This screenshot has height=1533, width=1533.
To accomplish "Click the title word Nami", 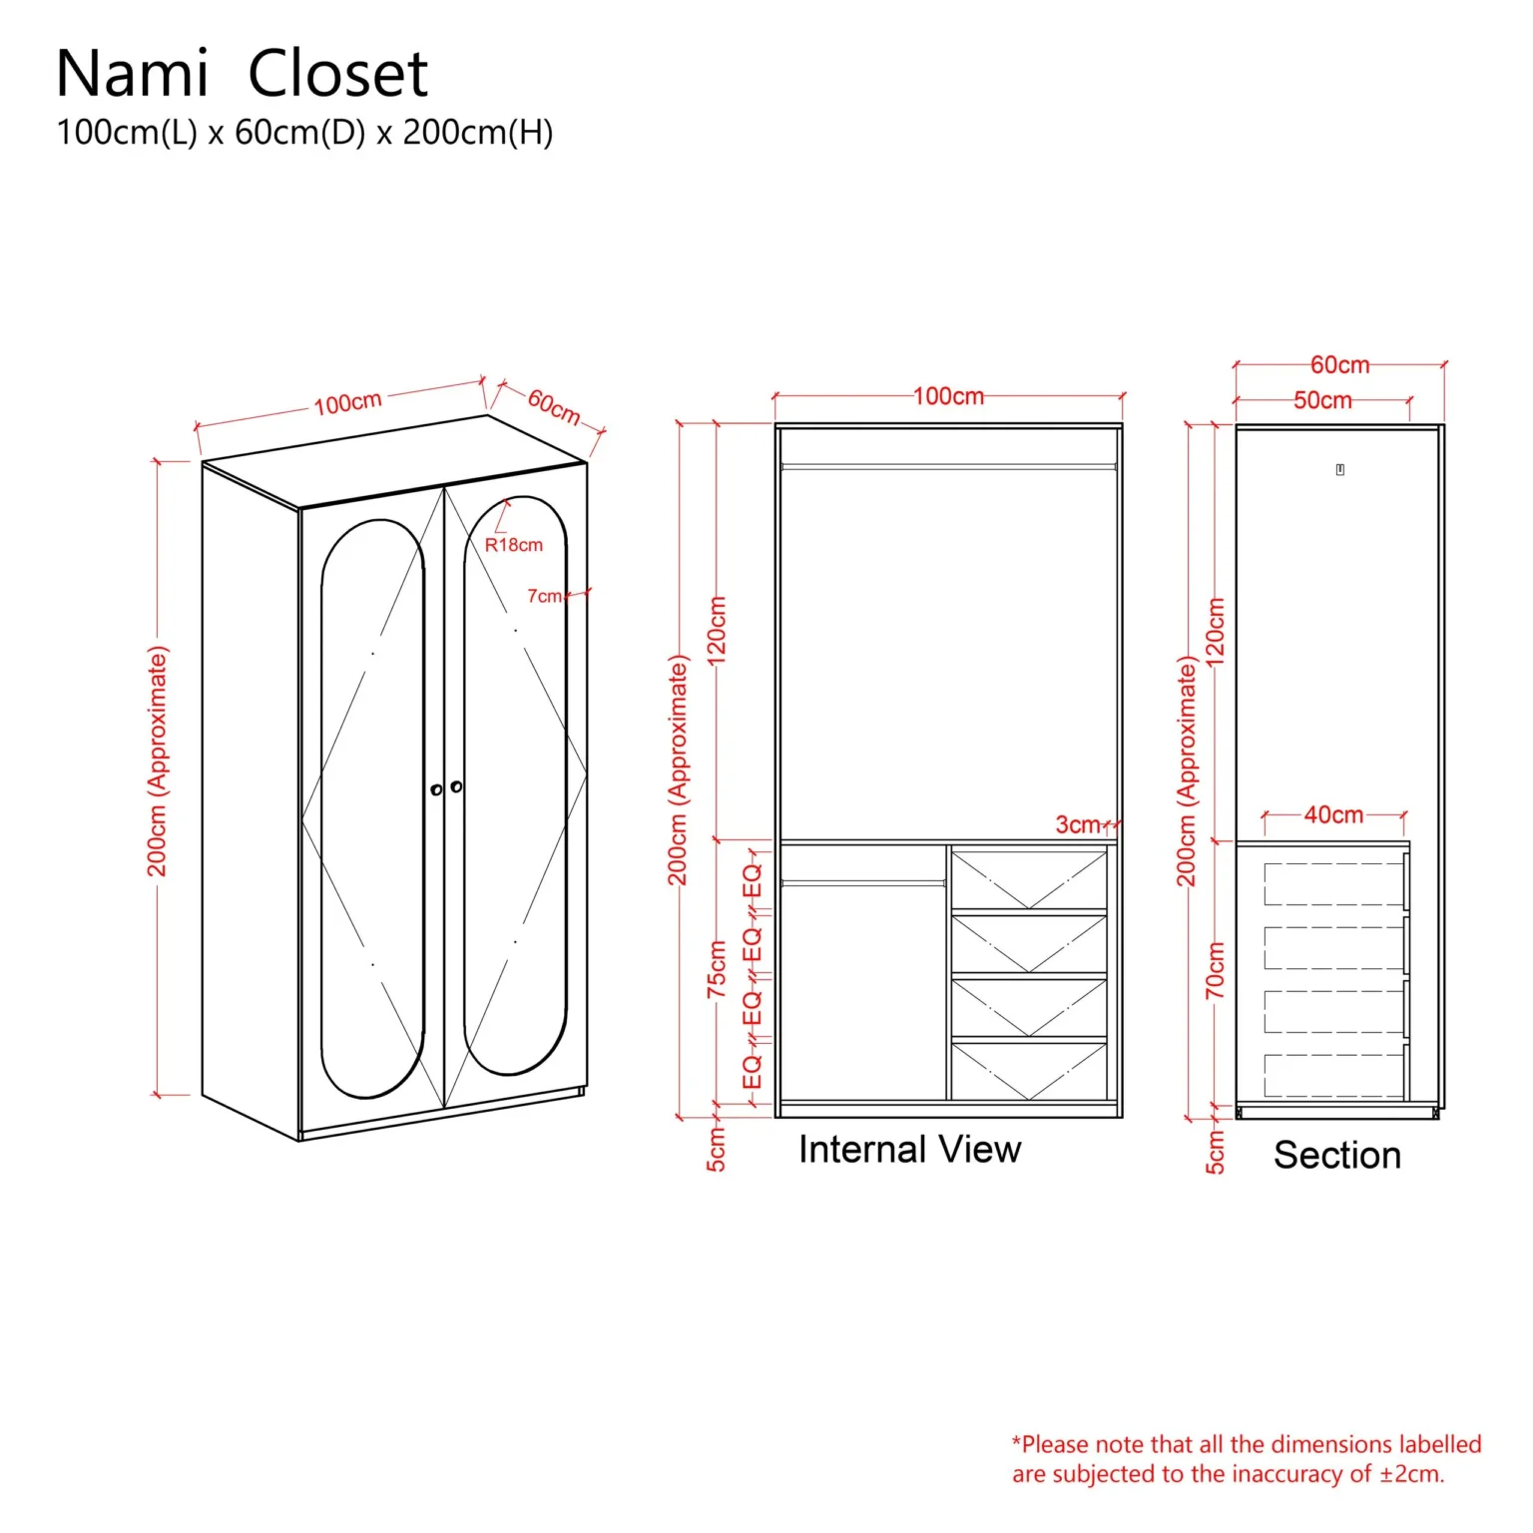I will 132,74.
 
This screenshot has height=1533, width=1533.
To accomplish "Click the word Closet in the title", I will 337,74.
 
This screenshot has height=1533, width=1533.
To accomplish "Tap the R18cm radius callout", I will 513,545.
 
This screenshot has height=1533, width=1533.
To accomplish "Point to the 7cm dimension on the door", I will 544,596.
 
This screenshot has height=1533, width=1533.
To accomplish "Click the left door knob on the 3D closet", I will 436,789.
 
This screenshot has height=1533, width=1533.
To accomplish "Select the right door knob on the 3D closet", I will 456,786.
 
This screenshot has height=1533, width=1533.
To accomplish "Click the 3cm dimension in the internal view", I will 1077,824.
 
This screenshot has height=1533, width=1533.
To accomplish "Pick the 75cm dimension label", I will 717,968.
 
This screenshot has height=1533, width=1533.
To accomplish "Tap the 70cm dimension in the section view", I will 1215,970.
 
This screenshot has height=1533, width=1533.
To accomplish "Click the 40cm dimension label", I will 1333,814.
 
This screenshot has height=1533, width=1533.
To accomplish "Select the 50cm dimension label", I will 1322,400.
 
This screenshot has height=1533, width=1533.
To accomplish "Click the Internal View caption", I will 909,1150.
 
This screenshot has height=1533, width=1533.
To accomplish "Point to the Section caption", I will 1336,1155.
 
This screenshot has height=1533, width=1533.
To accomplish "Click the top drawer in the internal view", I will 1028,879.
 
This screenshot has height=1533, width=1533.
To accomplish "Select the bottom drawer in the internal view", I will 1028,1070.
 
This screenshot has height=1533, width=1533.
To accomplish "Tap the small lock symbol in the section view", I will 1339,469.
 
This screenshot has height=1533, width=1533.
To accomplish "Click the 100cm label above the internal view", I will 948,396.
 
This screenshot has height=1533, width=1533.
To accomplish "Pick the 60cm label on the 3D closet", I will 554,406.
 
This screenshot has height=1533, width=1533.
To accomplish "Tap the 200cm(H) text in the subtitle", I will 477,133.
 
